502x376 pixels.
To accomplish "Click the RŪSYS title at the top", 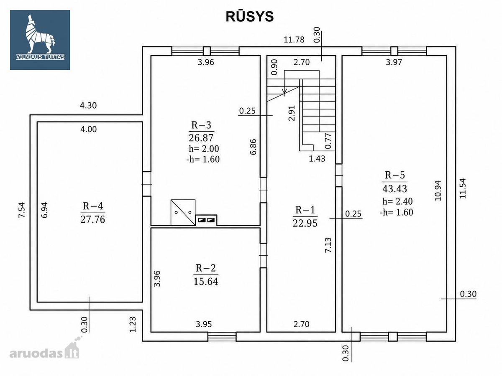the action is tap(249, 16).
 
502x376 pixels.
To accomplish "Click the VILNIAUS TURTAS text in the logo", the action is tap(40, 57).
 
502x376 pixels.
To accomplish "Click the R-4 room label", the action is tap(93, 206).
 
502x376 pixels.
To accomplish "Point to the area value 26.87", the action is tap(201, 138).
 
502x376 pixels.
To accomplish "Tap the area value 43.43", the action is tap(395, 188).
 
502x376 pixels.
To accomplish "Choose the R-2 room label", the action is tap(206, 268).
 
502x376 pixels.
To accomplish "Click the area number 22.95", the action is tap(305, 223).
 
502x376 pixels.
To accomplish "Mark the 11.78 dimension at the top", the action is tap(294, 40).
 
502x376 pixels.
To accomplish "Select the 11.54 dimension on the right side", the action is tap(462, 188).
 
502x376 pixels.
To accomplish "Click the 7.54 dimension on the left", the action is tap(22, 210).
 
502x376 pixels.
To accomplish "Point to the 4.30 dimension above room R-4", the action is tap(88, 105).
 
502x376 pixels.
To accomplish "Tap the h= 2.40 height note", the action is tap(397, 201).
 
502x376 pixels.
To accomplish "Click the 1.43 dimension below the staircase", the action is tap(317, 158).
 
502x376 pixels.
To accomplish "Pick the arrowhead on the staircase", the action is tap(284, 91).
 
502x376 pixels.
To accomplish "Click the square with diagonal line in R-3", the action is tap(183, 213).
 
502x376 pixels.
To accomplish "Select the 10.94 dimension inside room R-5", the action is tap(438, 191).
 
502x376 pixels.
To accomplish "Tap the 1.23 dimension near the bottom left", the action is tap(133, 324).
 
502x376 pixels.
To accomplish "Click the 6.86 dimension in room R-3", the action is tap(253, 147).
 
